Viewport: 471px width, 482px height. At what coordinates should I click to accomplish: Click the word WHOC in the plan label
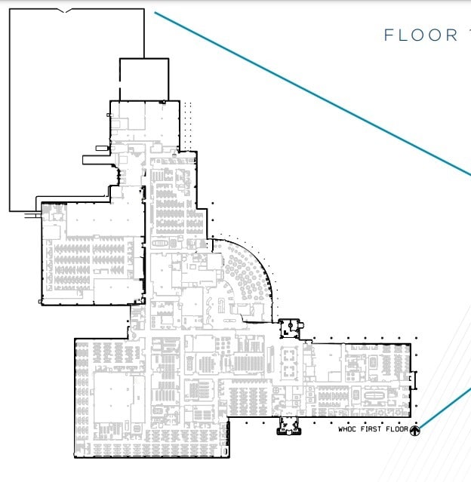coord(347,430)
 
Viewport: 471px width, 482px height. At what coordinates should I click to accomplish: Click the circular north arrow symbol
coord(414,430)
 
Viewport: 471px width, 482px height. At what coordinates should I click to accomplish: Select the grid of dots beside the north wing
coord(188,125)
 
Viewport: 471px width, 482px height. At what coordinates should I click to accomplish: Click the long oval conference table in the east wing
coord(374,395)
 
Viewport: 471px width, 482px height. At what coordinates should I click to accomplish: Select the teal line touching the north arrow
coord(445,407)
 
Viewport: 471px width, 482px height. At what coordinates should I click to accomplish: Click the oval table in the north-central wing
coord(161,244)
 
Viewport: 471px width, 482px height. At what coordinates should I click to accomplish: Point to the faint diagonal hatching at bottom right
coord(445,453)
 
